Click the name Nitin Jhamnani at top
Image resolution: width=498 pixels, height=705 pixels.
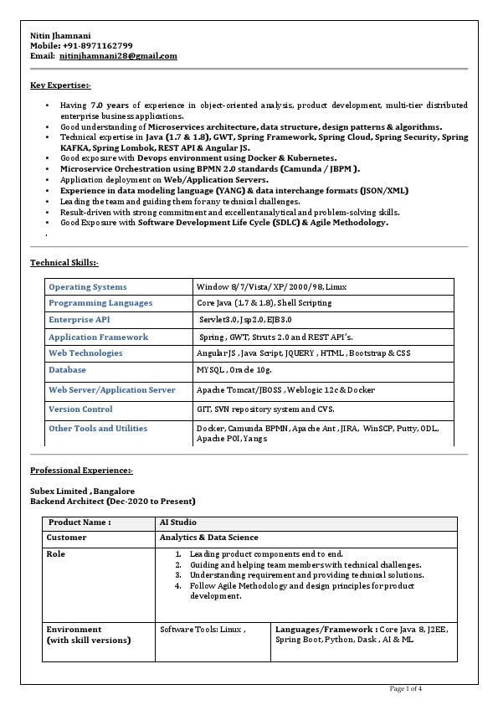pyautogui.click(x=63, y=34)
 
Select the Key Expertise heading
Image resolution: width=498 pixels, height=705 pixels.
pyautogui.click(x=60, y=85)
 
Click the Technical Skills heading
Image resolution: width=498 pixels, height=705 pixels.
pyautogui.click(x=64, y=263)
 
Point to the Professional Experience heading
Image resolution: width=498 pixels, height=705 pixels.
pyautogui.click(x=81, y=471)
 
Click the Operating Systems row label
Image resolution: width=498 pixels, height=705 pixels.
pyautogui.click(x=88, y=287)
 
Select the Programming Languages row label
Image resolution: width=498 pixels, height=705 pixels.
pyautogui.click(x=100, y=303)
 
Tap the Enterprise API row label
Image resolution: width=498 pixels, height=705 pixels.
pyautogui.click(x=79, y=320)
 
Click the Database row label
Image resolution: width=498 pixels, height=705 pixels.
pyautogui.click(x=67, y=369)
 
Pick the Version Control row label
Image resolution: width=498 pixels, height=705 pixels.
pyautogui.click(x=80, y=409)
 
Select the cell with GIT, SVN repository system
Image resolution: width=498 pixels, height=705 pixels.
pyautogui.click(x=265, y=409)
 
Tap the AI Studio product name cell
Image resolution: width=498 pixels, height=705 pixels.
pyautogui.click(x=178, y=522)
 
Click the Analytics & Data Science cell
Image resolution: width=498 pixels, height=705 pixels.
pyautogui.click(x=208, y=538)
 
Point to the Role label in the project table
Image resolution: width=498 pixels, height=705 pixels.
pyautogui.click(x=55, y=554)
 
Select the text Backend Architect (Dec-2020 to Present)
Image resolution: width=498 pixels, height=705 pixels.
pyautogui.click(x=113, y=502)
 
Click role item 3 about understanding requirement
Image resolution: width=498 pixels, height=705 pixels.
pyautogui.click(x=305, y=575)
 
